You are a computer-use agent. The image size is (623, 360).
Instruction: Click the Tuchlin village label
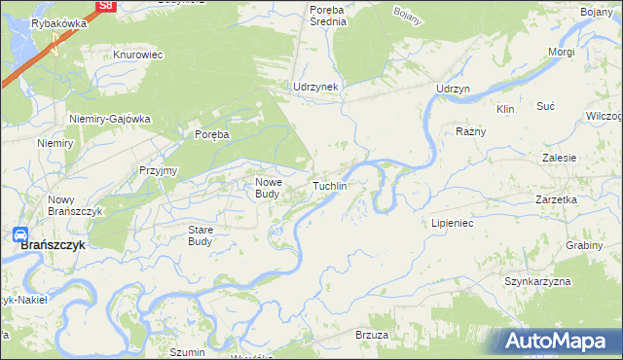point(329,185)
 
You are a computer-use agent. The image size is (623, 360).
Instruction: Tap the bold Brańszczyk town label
point(54,246)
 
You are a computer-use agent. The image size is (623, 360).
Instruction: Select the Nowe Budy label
point(268,187)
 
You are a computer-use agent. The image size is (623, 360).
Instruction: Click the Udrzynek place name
point(315,87)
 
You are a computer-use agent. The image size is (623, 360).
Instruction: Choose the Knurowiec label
point(136,55)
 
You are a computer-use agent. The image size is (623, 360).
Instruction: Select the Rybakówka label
point(59,23)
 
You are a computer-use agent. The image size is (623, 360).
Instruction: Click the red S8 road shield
point(106,6)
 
